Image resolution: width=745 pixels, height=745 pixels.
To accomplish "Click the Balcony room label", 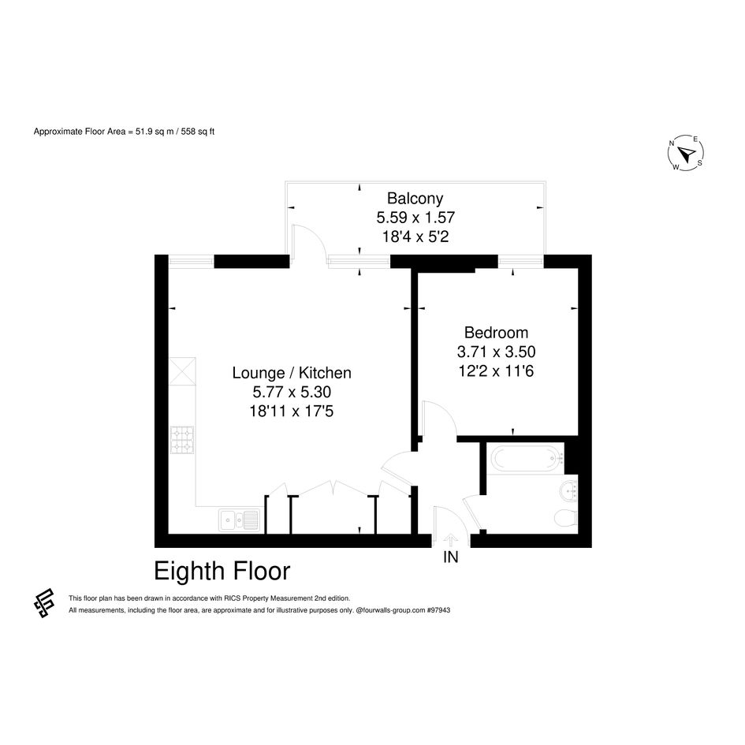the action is click(x=415, y=198).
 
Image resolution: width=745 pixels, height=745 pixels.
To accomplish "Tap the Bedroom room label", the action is click(x=496, y=332).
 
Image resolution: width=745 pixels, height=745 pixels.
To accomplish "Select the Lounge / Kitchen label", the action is click(x=292, y=372).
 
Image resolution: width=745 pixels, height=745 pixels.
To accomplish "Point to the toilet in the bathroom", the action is click(x=566, y=518).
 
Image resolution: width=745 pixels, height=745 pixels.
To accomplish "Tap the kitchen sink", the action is click(x=240, y=520).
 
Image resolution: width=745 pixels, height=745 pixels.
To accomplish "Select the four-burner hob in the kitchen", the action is click(x=182, y=440).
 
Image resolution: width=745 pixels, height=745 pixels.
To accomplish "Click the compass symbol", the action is click(x=686, y=153).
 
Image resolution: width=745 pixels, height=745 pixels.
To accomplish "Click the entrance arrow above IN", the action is click(x=450, y=540).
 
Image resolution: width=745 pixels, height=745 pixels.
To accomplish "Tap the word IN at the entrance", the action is click(x=450, y=557).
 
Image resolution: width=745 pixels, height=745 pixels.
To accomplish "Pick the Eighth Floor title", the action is click(x=222, y=571).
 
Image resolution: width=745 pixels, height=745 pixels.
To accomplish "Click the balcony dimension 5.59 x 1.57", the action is click(x=415, y=217).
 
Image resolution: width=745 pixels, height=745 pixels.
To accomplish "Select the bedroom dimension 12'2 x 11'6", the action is click(x=496, y=371).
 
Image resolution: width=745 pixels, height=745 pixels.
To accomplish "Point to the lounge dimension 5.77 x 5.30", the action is click(x=292, y=392).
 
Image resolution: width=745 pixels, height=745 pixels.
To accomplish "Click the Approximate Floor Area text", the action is click(x=124, y=132).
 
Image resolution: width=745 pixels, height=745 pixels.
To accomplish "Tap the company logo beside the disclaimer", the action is click(x=44, y=603).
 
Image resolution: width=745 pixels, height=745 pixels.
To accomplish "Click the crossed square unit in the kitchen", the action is click(x=182, y=371).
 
